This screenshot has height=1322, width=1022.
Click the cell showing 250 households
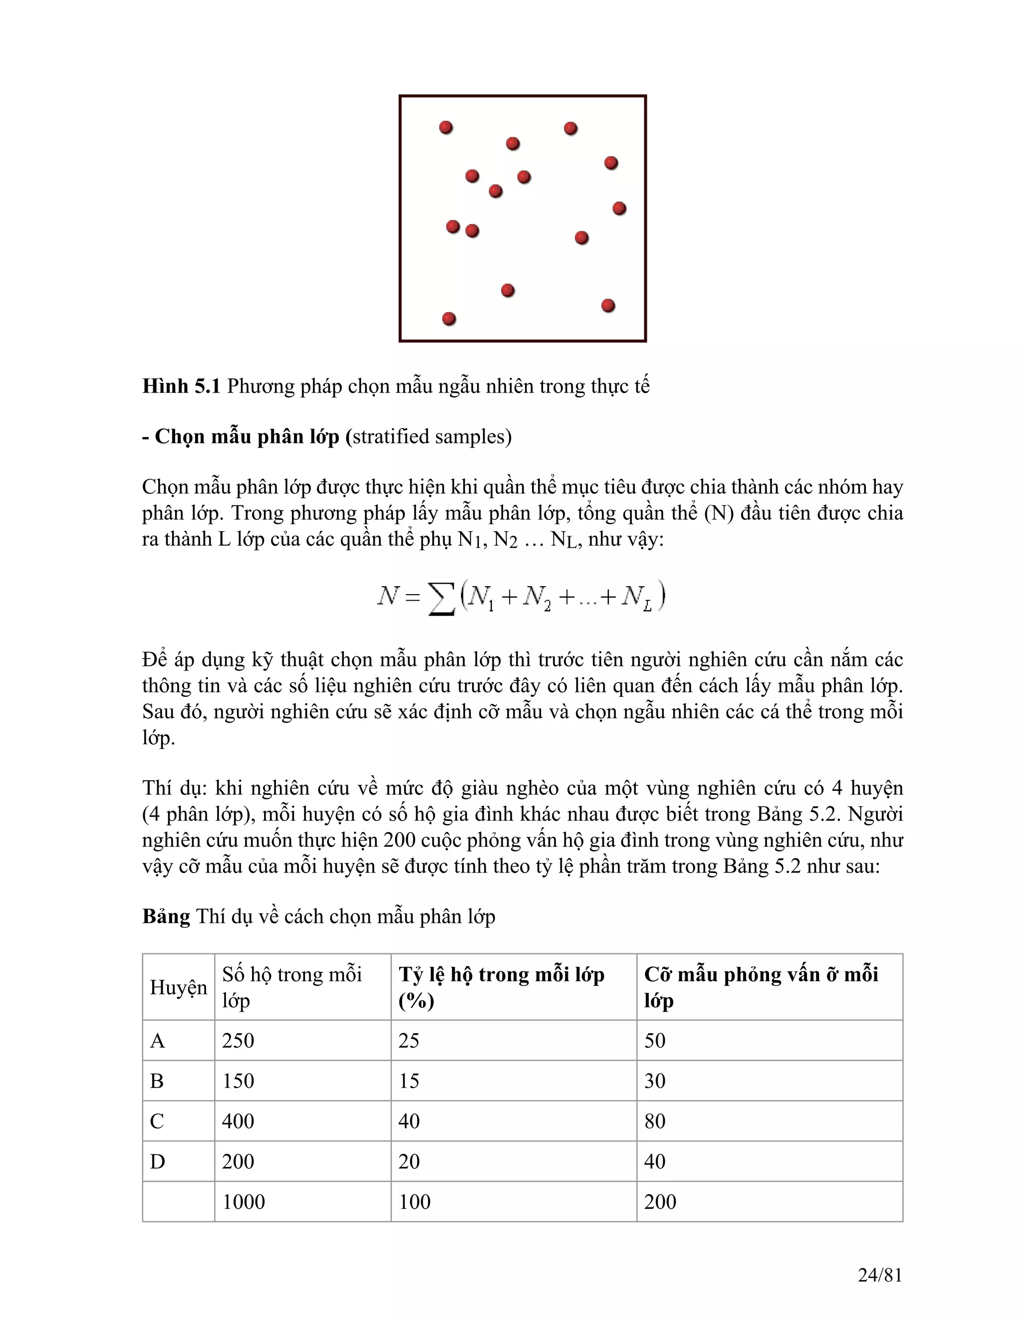[x=238, y=1041]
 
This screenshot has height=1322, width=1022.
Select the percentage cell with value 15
[x=409, y=1081]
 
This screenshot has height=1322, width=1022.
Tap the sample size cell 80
[x=655, y=1121]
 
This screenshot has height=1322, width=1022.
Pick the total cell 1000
[x=244, y=1202]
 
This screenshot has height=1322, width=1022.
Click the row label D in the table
[x=157, y=1161]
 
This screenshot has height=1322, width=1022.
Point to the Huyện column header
[x=179, y=987]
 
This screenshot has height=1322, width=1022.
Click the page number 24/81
[x=880, y=1276]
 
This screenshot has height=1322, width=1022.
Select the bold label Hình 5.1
[x=181, y=386]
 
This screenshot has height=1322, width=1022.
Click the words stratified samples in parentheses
[x=432, y=437]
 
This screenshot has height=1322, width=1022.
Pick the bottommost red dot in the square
[x=449, y=318]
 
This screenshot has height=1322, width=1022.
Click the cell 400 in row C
[x=238, y=1121]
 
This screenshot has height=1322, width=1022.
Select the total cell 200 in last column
[x=660, y=1202]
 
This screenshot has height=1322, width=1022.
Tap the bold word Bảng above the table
[x=166, y=916]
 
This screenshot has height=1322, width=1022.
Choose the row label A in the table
[x=157, y=1041]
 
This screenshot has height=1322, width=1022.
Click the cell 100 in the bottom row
[x=414, y=1202]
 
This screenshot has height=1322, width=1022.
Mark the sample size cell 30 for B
[x=655, y=1081]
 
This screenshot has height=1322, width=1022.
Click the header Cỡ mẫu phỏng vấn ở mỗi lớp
[x=761, y=987]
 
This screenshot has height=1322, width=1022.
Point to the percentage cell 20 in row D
[x=409, y=1161]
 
